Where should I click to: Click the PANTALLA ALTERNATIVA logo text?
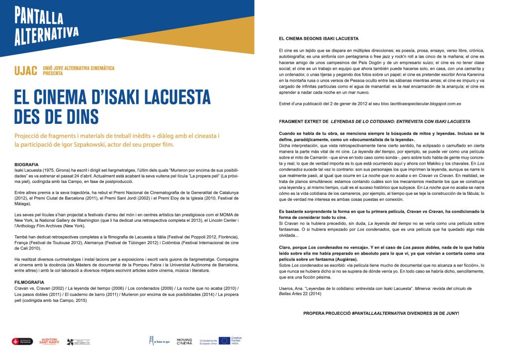(x=47, y=25)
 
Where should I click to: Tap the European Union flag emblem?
(x=225, y=341)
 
